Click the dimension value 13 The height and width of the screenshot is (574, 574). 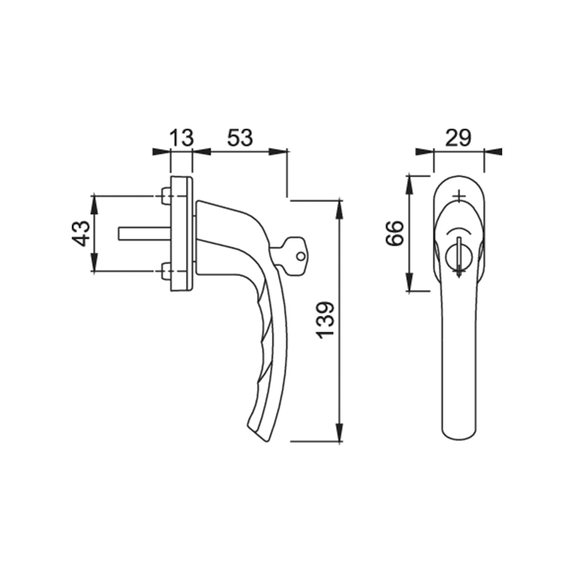click(182, 137)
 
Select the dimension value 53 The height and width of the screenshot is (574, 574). click(240, 137)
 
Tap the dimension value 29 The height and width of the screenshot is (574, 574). click(458, 138)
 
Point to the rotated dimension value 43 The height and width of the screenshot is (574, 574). click(81, 233)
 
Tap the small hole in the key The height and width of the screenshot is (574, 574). click(301, 256)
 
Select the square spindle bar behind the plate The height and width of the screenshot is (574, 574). click(144, 233)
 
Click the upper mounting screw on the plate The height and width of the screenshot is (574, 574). click(166, 196)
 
